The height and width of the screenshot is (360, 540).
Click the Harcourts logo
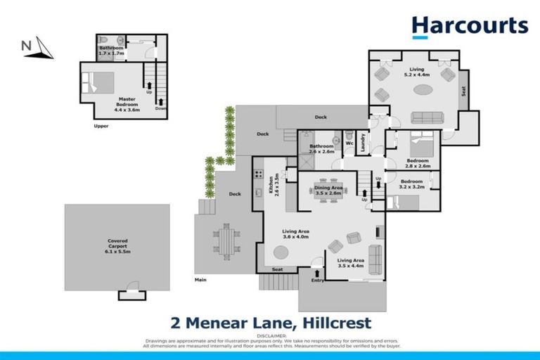tap(470, 27)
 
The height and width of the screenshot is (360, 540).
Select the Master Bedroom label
tap(127, 105)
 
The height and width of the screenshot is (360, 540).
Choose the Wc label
tap(349, 142)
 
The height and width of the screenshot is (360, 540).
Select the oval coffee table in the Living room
tap(423, 90)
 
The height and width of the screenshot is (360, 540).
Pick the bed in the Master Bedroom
tap(96, 83)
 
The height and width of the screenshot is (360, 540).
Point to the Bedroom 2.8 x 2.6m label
tap(418, 162)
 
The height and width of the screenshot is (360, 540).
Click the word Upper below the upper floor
tap(101, 127)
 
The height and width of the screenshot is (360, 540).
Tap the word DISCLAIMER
tap(269, 336)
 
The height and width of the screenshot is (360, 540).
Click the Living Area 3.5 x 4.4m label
tap(350, 262)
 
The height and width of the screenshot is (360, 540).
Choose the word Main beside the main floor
tap(202, 280)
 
